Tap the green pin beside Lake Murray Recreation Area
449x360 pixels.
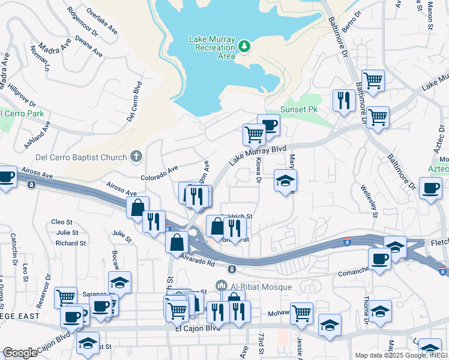coord(244,46)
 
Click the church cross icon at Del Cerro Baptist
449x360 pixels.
coord(136,157)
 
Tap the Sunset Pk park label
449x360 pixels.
coord(298,110)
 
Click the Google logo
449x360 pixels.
coord(20,353)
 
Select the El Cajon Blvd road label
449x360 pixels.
coord(195,329)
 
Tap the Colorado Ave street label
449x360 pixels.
coord(160,175)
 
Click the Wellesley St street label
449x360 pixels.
coord(369,200)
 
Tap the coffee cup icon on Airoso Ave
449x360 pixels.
coord(7,178)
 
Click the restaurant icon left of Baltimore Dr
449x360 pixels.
coord(344,100)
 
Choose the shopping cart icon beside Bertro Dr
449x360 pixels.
coord(373,80)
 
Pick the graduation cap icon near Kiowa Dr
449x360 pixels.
coord(285,180)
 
